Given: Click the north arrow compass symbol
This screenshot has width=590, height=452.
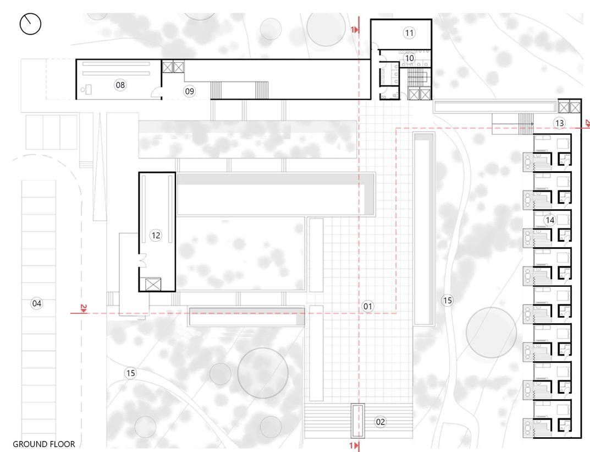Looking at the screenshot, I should point(30,24).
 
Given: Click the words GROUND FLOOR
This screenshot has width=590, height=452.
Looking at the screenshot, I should point(43,444).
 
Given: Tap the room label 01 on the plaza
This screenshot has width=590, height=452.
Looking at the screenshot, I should point(368,306).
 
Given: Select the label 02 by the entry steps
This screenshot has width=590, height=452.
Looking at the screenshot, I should point(381,422).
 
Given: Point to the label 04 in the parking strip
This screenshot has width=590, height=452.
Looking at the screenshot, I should point(37,303).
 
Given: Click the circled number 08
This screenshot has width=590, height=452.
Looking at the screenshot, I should point(120,85).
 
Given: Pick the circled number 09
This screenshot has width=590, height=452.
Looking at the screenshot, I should point(189,91).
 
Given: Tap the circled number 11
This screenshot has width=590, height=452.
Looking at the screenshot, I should point(409,33).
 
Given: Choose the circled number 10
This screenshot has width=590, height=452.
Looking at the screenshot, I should point(409,57).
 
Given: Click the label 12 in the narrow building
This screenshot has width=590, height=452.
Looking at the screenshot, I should point(156,235).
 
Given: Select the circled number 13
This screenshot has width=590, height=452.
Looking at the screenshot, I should point(559,123).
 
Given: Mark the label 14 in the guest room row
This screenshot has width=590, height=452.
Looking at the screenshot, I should point(549,220).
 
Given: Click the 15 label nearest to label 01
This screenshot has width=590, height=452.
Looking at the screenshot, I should point(448,300).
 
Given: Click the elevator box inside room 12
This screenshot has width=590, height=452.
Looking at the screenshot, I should point(152,284).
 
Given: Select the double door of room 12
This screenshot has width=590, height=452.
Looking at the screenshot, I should point(143,260).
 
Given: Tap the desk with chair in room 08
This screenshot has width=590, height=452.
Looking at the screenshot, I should point(88,90).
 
